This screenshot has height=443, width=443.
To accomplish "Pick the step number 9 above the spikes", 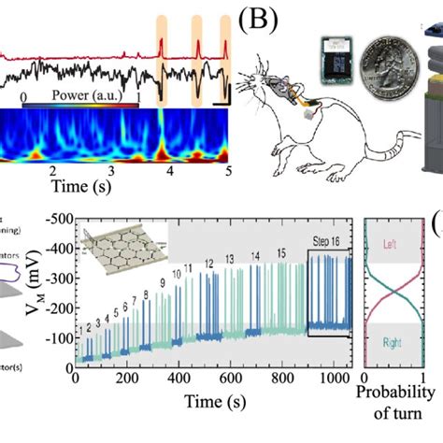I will [163, 282].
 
